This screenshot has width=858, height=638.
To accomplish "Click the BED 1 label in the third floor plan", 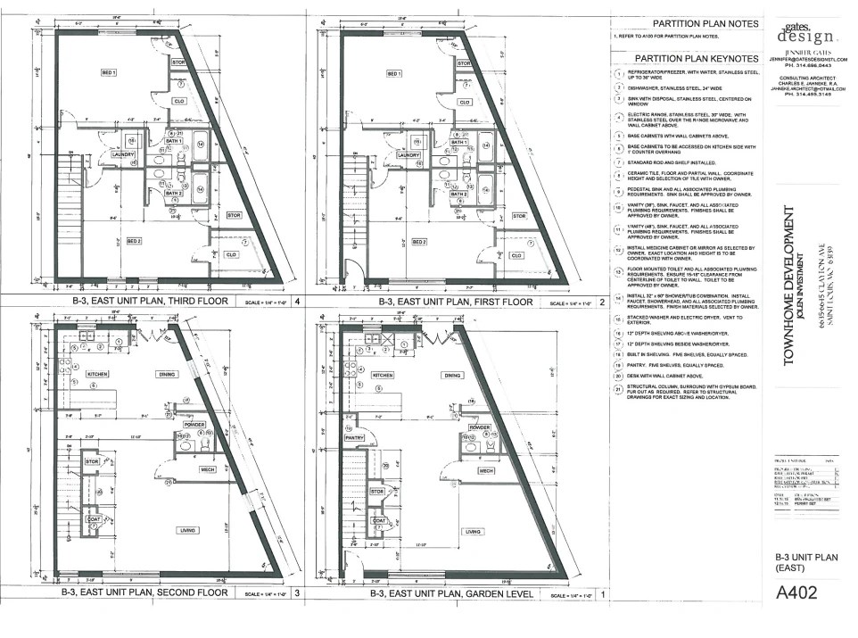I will (x=110, y=71).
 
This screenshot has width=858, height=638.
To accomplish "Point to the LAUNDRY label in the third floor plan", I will (x=122, y=154).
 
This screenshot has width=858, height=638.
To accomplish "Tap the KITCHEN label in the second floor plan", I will (x=96, y=375).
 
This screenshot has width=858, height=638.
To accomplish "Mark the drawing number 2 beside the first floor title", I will (x=603, y=302).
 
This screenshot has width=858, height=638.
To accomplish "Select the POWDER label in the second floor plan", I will (x=193, y=426).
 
